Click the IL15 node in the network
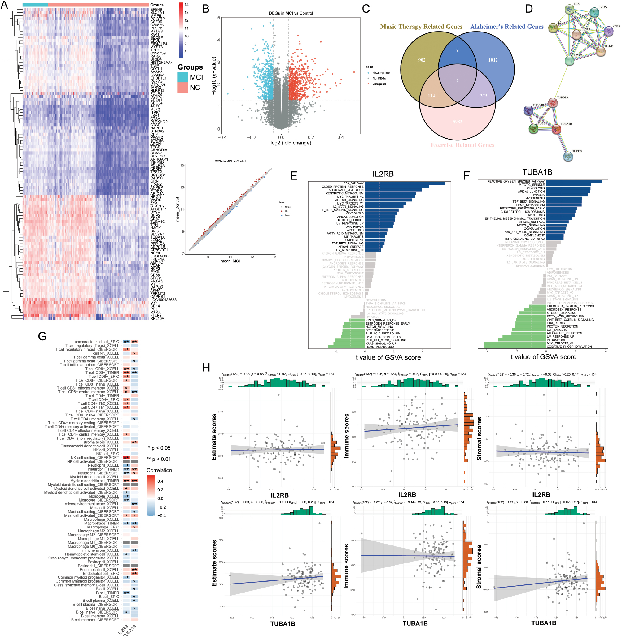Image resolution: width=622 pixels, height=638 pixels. tap(570, 10)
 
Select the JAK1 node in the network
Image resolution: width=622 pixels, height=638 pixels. tap(608, 31)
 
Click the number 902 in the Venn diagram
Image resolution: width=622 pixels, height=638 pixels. tap(422, 60)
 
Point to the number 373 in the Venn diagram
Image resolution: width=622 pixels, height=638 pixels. tap(484, 96)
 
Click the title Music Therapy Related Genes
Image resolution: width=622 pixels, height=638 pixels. tap(421, 27)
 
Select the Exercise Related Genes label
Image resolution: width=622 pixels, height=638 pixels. tap(462, 145)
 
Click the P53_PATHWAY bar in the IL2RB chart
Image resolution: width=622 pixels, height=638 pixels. tap(405, 183)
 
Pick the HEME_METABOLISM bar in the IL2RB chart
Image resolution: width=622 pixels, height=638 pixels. tap(346, 347)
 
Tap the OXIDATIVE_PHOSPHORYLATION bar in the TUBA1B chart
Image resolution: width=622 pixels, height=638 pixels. tap(515, 347)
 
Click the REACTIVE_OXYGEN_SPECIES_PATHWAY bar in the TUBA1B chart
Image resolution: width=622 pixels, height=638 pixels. tap(574, 181)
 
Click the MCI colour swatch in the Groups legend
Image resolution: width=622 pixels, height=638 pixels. tap(183, 77)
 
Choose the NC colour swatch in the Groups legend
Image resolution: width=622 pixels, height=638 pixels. tap(183, 88)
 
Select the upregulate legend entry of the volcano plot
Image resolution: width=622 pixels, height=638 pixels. tap(379, 84)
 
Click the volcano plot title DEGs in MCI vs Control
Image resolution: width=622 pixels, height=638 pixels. tap(291, 13)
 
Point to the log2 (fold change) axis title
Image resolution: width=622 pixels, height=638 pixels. tap(291, 143)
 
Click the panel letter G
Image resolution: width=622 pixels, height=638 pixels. tap(42, 336)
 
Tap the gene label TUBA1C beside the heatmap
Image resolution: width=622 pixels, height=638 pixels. tap(157, 222)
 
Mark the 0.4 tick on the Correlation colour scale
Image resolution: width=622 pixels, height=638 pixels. tap(160, 481)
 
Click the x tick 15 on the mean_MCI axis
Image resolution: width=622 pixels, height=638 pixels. tap(274, 257)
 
